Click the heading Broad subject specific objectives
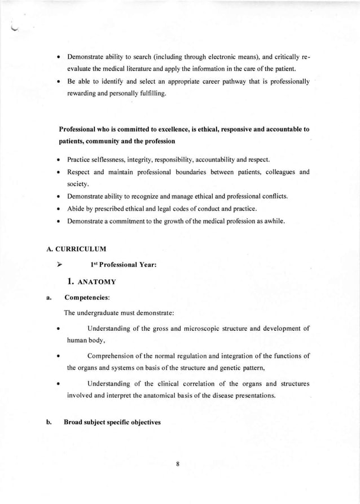[x=112, y=421]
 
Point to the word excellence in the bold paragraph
[x=186, y=129]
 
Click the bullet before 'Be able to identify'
[x=58, y=82]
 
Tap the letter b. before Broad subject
[x=49, y=421]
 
